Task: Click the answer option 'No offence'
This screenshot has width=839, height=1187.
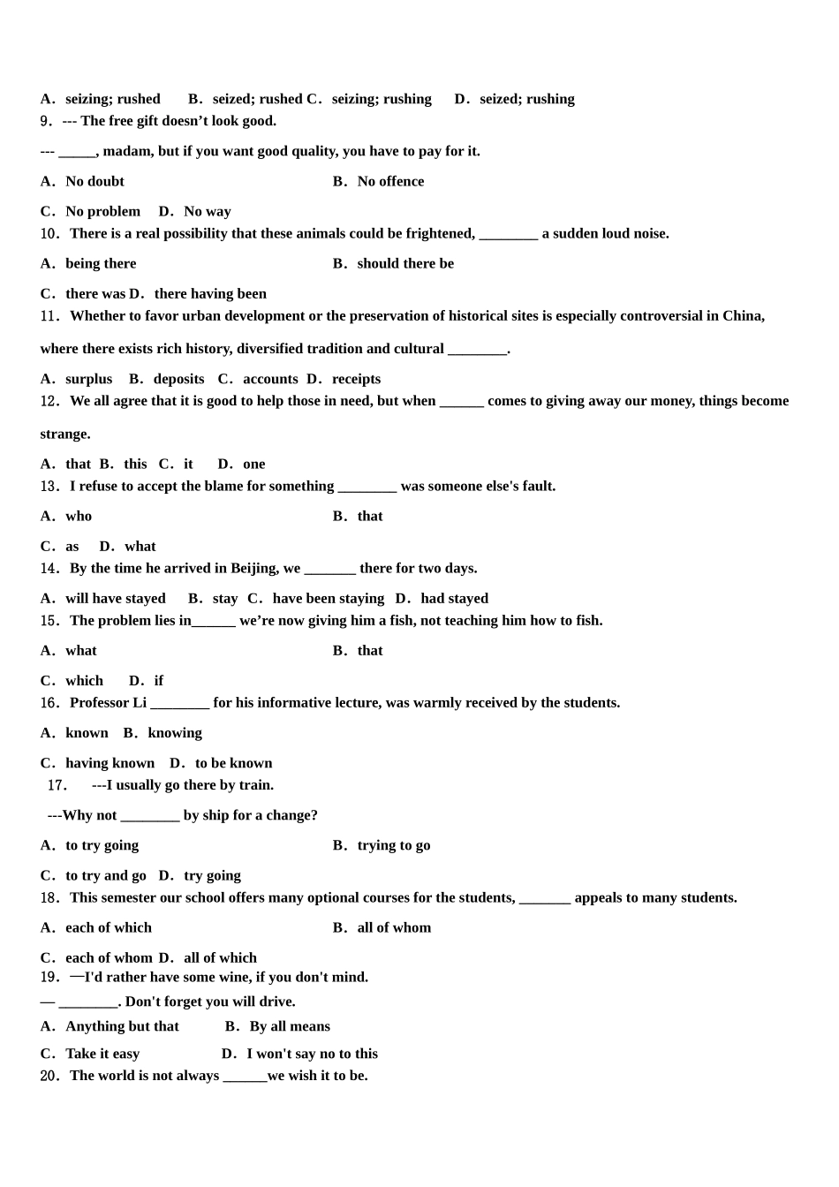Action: pyautogui.click(x=390, y=181)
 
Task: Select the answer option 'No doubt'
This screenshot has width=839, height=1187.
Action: pyautogui.click(x=94, y=181)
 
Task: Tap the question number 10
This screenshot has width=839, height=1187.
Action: pyautogui.click(x=50, y=234)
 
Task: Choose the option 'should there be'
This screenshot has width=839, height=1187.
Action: pyautogui.click(x=405, y=263)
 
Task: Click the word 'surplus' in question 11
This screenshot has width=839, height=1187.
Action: pyautogui.click(x=88, y=379)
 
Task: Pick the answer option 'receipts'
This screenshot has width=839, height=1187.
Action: pyautogui.click(x=356, y=379)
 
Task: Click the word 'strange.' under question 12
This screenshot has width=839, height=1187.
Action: pyautogui.click(x=65, y=434)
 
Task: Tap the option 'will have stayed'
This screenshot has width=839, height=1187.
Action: pyautogui.click(x=115, y=598)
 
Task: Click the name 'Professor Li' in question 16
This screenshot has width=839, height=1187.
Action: pyautogui.click(x=108, y=702)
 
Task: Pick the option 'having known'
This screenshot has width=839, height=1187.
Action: pyautogui.click(x=110, y=763)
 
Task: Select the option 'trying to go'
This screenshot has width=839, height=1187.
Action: pyautogui.click(x=394, y=845)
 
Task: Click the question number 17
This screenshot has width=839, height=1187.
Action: pyautogui.click(x=57, y=785)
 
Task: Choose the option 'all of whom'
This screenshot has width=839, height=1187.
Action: pyautogui.click(x=394, y=927)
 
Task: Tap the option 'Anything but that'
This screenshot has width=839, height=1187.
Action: pyautogui.click(x=122, y=1026)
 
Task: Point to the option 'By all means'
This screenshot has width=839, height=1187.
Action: pyautogui.click(x=290, y=1026)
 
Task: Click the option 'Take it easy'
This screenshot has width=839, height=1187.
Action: pyautogui.click(x=102, y=1054)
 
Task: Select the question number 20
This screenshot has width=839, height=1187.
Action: pyautogui.click(x=50, y=1076)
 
